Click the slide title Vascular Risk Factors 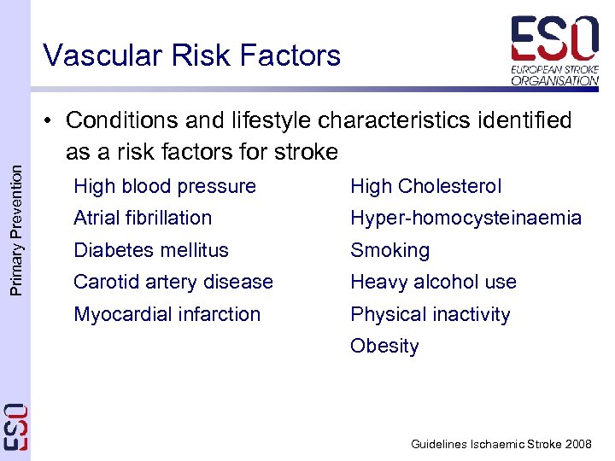point(191,55)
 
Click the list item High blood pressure point(165,186)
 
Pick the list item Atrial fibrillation point(143,218)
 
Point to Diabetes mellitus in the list point(151,250)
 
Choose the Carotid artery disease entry point(173,282)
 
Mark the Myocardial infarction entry point(167,314)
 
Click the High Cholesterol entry point(425,186)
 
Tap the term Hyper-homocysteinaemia point(466,218)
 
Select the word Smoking point(389,250)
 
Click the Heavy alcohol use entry point(433,282)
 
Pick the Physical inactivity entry point(430,314)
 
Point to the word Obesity point(384,346)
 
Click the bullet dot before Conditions point(52,121)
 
